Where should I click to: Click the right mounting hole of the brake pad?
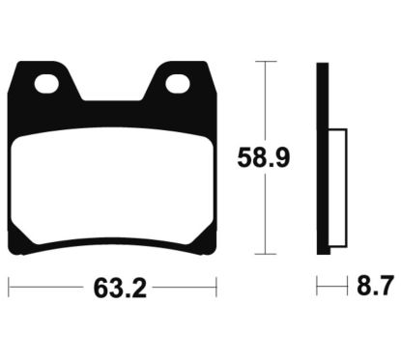(177, 85)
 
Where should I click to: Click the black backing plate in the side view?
(323, 154)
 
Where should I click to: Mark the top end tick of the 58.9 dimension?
(265, 62)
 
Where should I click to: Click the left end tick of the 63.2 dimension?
(10, 287)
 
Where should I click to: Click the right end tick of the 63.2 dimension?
(215, 287)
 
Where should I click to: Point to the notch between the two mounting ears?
(112, 93)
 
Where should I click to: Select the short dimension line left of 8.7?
(331, 287)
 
